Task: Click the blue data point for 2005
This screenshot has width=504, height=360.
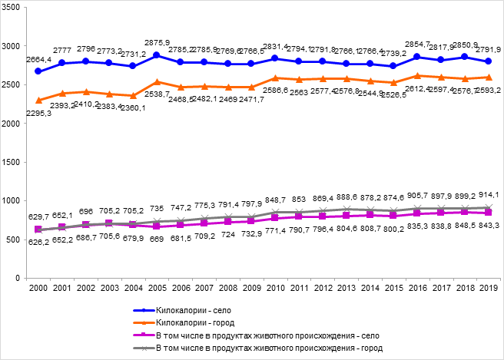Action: pos(156,55)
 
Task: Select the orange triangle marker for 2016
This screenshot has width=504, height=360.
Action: pos(417,75)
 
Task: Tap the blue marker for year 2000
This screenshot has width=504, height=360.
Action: pos(37,71)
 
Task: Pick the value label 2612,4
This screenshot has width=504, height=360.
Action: pos(419,88)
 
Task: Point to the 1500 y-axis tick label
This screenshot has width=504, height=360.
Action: pos(15,161)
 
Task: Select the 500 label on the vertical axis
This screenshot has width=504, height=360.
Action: pos(17,239)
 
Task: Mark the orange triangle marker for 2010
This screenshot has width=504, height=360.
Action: pos(274,78)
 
